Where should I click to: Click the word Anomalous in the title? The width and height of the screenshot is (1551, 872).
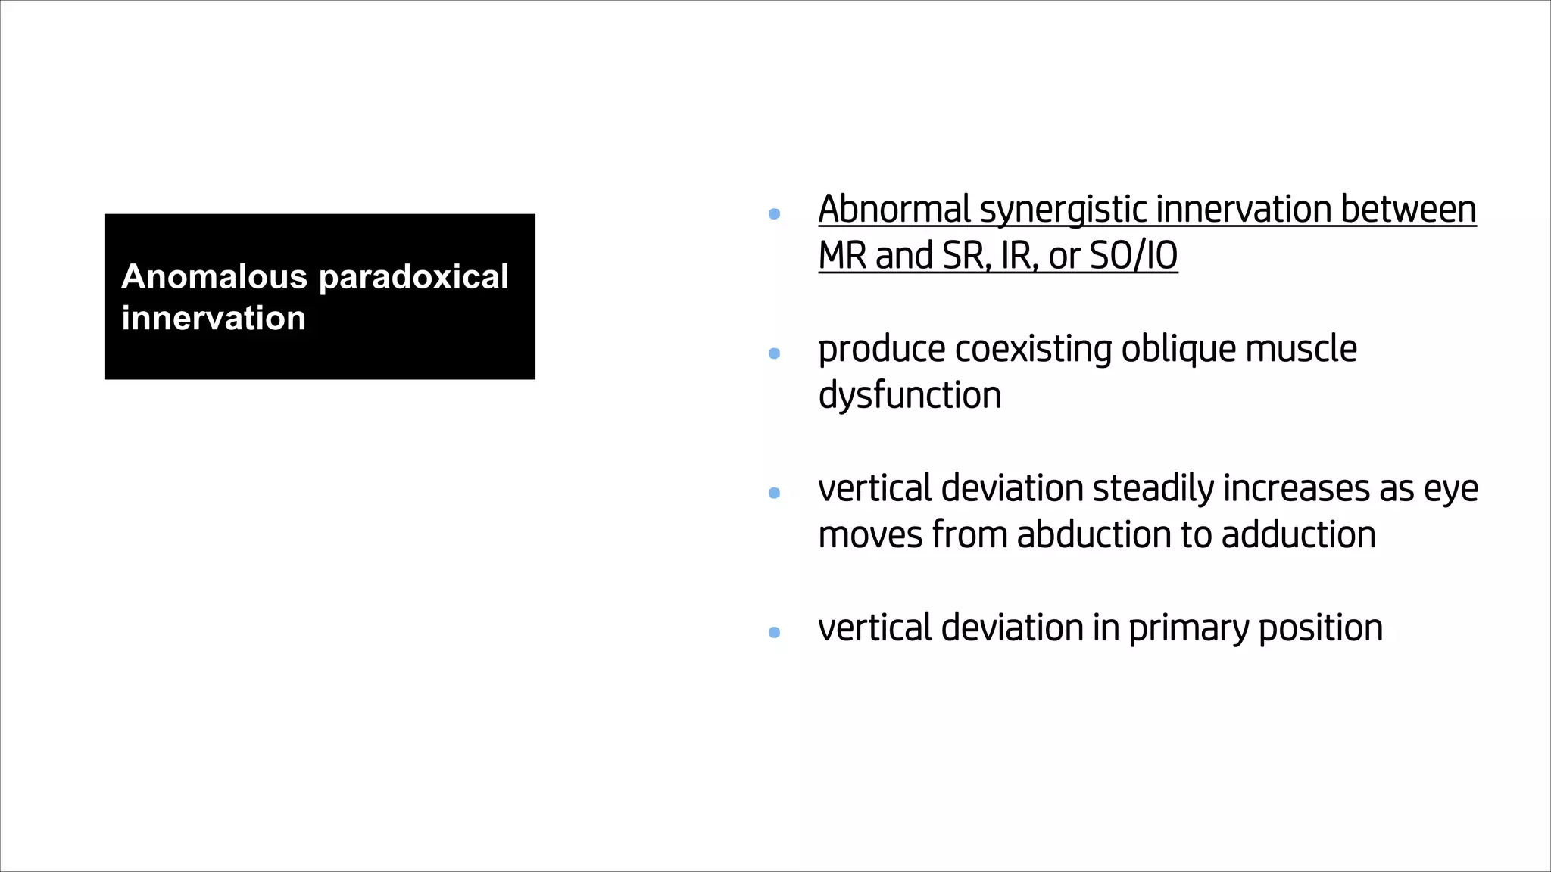[214, 277]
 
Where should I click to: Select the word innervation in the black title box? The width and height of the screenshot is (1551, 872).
[214, 318]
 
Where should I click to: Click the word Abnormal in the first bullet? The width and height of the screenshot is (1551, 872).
[894, 210]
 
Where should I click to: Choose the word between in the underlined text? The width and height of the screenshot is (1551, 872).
[1408, 210]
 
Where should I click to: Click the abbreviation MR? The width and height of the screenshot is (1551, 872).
[842, 256]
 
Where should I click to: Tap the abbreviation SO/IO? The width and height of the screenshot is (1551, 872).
[1133, 256]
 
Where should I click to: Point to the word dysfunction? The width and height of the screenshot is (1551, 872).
[910, 396]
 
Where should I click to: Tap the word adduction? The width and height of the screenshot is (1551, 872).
[1298, 535]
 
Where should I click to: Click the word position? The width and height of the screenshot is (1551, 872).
[1320, 629]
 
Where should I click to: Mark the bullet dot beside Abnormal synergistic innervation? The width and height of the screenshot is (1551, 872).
[774, 214]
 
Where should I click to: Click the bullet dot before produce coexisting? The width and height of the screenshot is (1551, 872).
[774, 353]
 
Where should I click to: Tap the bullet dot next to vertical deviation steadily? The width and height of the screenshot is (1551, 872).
[774, 493]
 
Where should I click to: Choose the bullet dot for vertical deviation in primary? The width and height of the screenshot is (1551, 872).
[774, 632]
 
